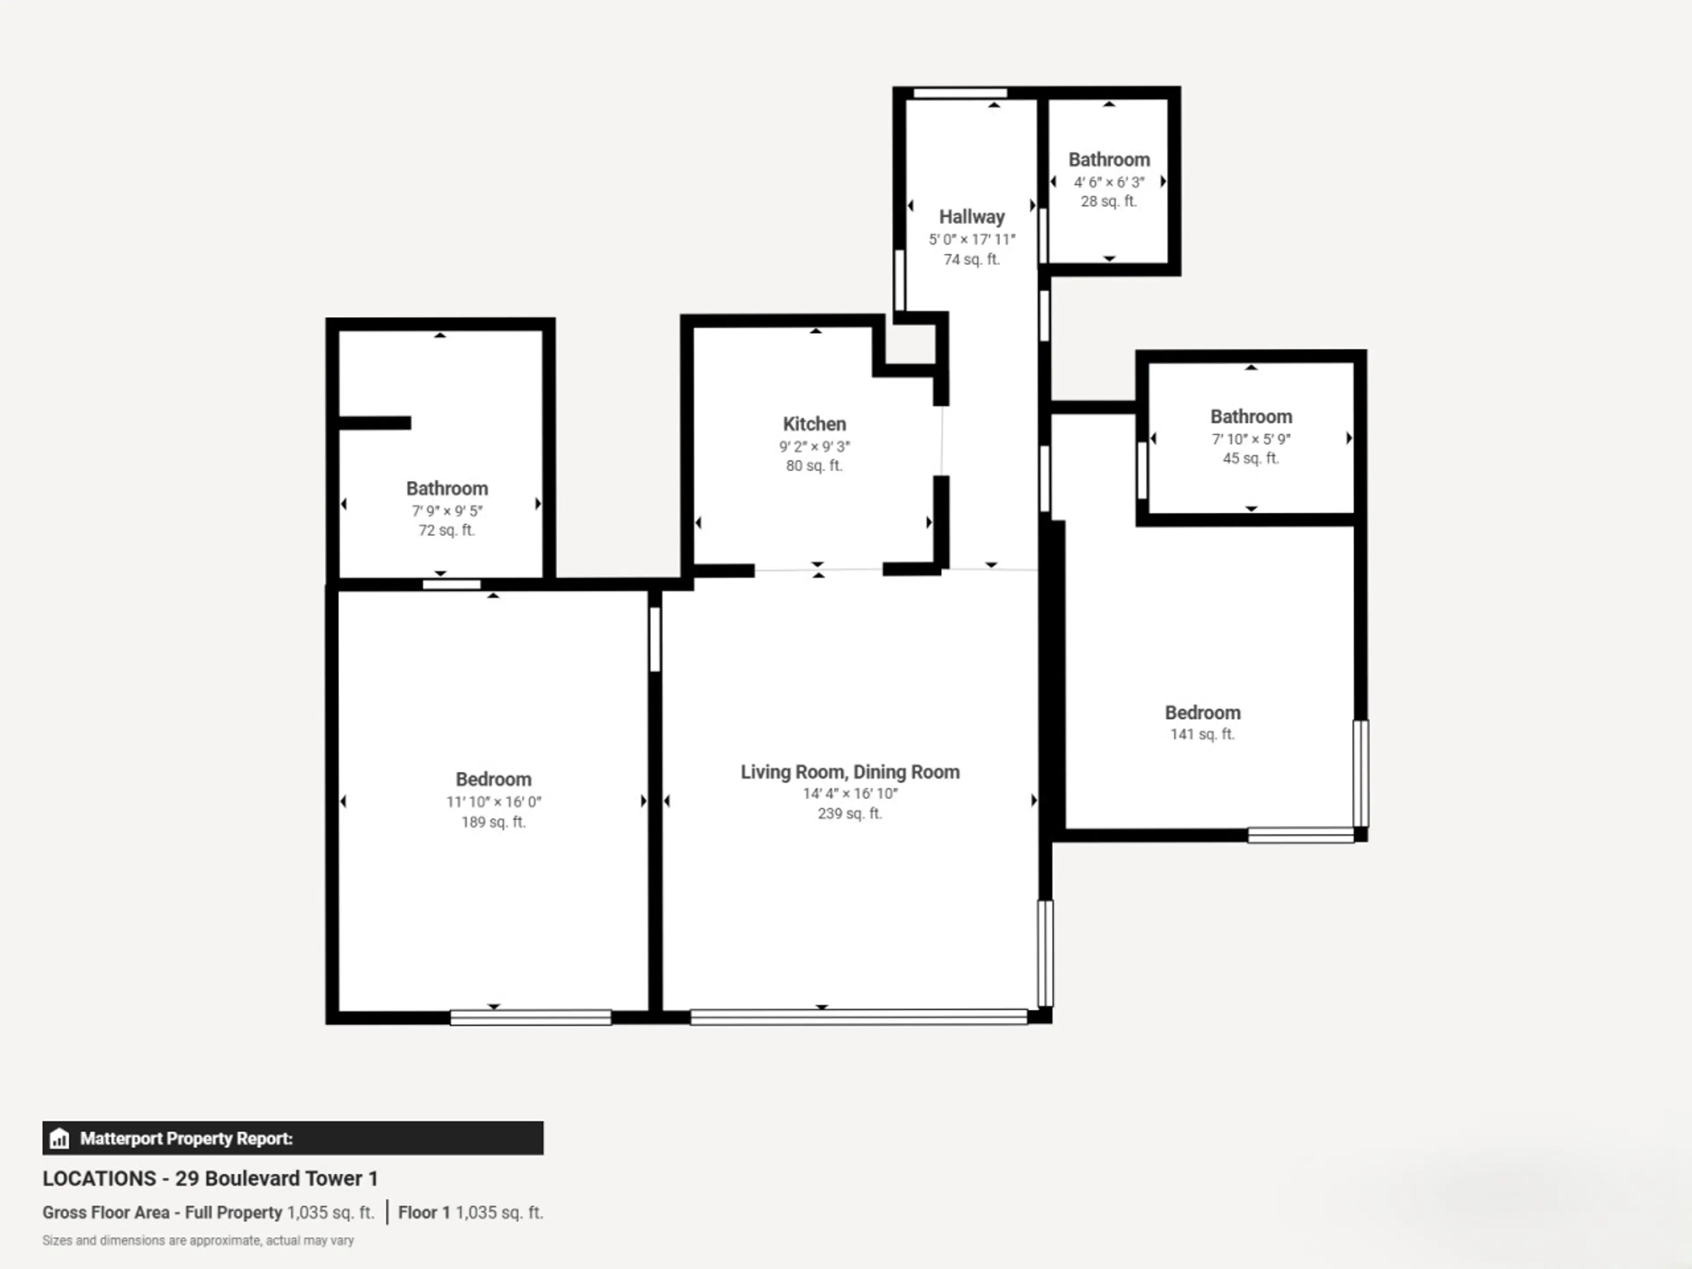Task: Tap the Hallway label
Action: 972,217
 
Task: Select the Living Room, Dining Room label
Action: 850,772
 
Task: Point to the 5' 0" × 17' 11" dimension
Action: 972,239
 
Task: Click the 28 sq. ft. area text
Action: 1108,201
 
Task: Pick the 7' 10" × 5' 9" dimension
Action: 1250,439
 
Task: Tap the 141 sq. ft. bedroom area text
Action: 1202,735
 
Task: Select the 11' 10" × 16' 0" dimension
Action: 493,801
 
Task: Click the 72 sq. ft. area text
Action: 447,530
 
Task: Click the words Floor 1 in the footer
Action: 424,1213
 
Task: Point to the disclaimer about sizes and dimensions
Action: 198,1240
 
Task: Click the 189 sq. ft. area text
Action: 493,822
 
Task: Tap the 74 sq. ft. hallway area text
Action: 972,259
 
